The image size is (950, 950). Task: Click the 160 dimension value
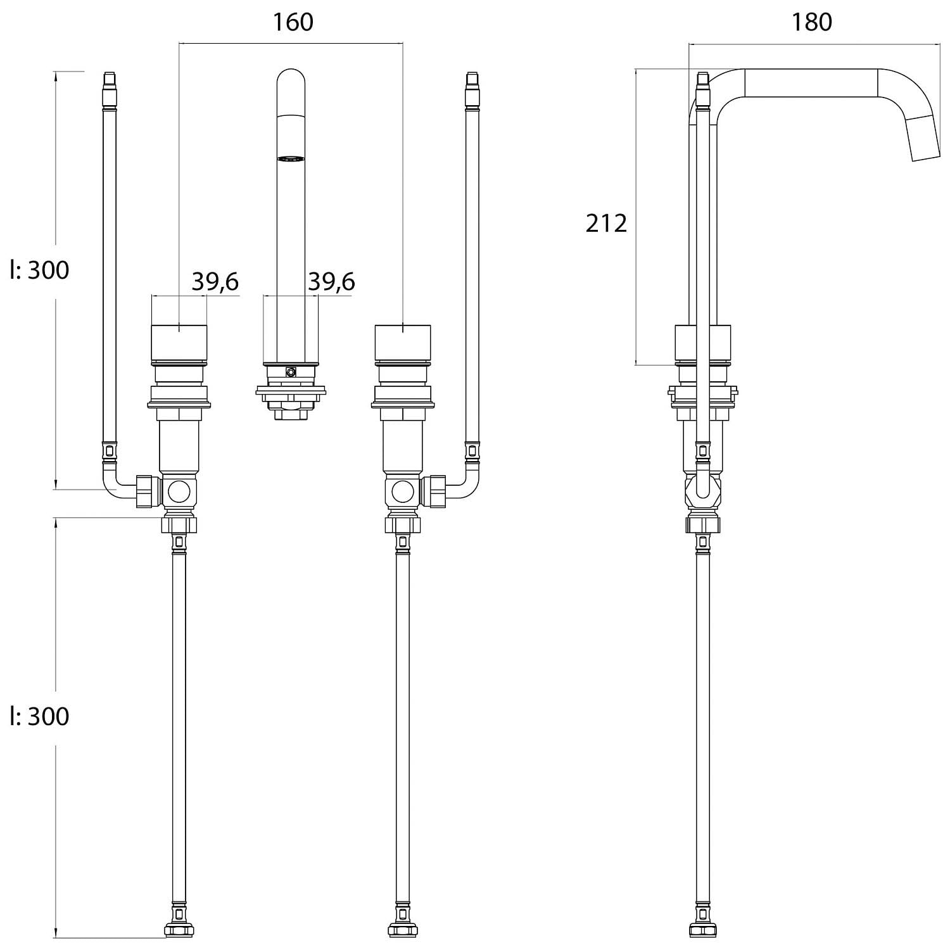coord(293,22)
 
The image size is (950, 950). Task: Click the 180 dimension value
coord(811,22)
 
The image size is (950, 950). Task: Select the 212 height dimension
coord(606,223)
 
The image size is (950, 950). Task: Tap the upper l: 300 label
coord(39,270)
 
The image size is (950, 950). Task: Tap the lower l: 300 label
coord(39,716)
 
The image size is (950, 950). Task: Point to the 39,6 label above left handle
coord(215,281)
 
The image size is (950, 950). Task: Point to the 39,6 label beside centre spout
coord(331,281)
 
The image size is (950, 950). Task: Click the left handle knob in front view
coord(179,342)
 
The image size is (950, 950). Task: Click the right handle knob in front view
coord(403,342)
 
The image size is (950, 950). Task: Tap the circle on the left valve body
coord(179,491)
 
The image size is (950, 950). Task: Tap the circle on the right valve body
coord(403,491)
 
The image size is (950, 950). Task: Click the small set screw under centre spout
coord(291,372)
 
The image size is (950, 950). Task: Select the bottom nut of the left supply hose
coord(179,930)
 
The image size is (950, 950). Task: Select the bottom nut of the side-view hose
coord(703,930)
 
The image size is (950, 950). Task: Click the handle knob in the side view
coord(703,342)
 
